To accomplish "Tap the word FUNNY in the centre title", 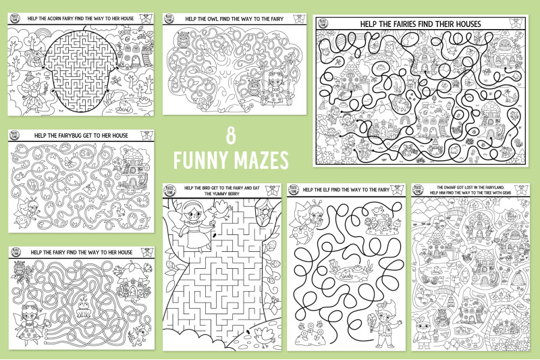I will click(200, 161).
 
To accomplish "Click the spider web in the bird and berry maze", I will click(265, 214).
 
